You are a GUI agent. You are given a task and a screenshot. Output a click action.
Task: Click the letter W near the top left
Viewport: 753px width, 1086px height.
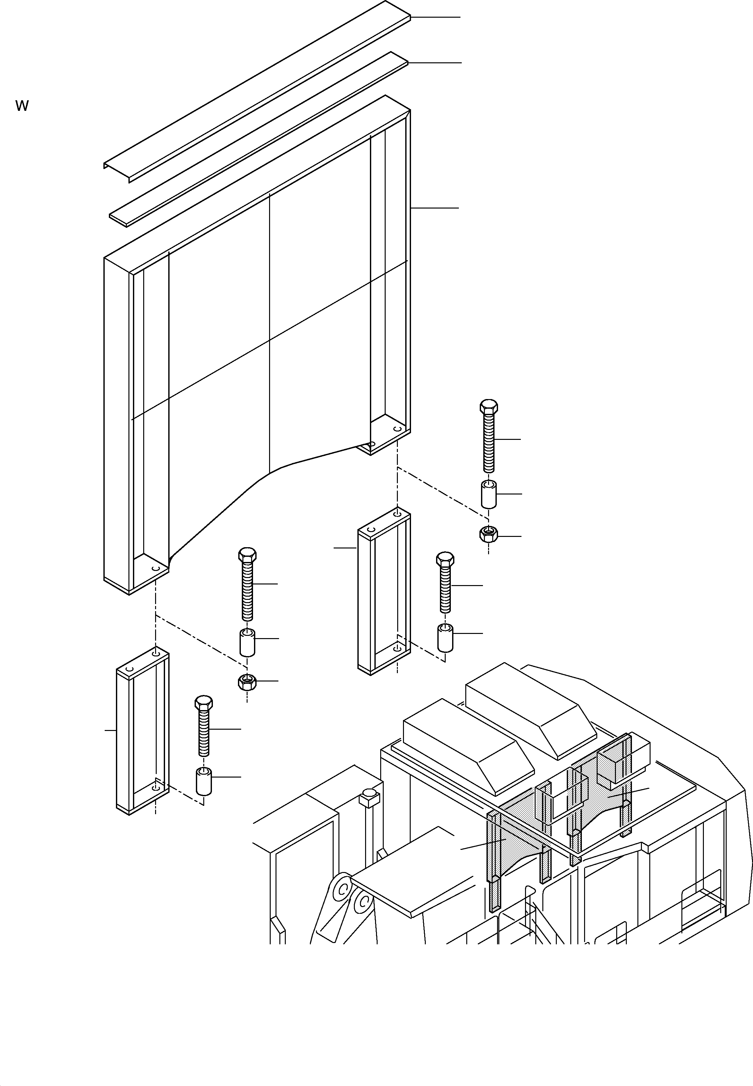point(22,106)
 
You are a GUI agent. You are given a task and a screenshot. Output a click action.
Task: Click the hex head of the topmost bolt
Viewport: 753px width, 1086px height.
point(489,407)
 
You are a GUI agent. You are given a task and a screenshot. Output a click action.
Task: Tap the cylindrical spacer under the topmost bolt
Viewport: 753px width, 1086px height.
point(488,494)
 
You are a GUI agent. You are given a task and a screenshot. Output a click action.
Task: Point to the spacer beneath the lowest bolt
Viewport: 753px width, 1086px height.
point(203,782)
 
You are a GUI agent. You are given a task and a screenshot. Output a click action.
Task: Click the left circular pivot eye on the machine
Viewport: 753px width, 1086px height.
point(343,890)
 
